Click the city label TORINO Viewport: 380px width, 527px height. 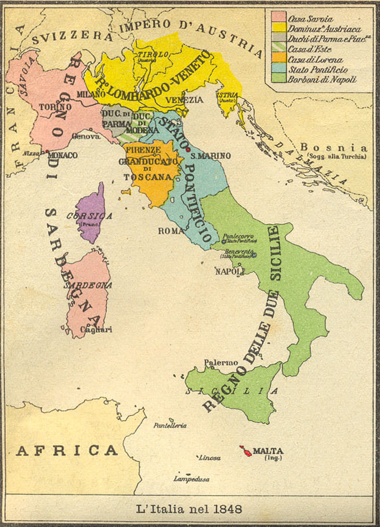click(55, 107)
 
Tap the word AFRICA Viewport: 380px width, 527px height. click(67, 450)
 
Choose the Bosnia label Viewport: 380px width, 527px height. click(332, 148)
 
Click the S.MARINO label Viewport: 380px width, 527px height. click(211, 156)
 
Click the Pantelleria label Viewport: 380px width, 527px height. click(169, 425)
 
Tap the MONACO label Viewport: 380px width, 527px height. click(63, 156)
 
